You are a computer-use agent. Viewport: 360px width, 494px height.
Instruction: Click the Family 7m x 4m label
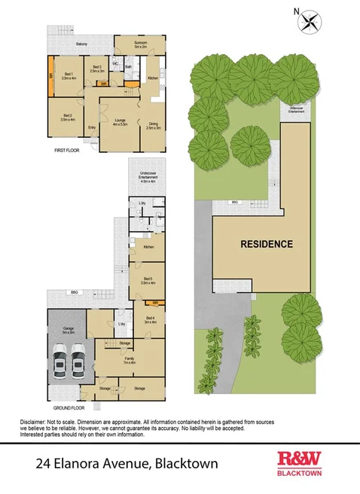point(130,360)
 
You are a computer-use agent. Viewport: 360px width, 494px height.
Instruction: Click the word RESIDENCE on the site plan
point(266,244)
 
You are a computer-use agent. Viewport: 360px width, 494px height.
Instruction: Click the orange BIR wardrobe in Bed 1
point(51,76)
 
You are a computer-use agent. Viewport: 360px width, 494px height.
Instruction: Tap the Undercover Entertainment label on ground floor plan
point(147,178)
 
